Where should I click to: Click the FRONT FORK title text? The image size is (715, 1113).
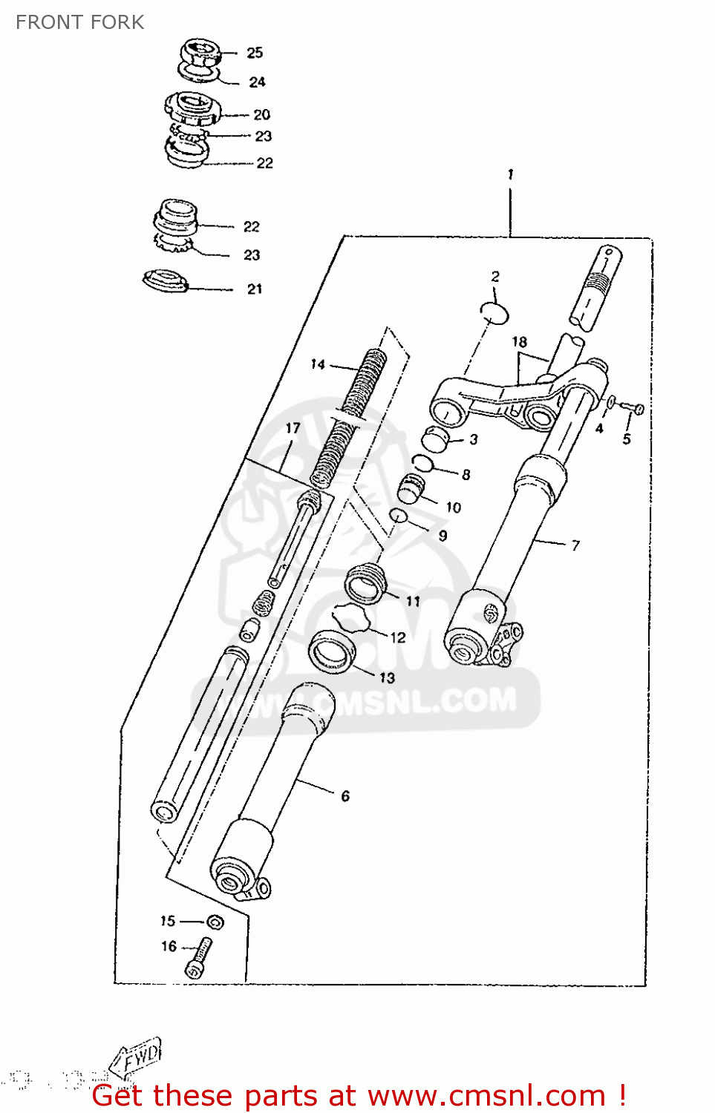tap(79, 22)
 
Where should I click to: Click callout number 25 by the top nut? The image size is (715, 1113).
tap(255, 53)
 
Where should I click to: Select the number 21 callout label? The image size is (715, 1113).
tap(255, 289)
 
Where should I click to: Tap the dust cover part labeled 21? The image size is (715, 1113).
tap(164, 280)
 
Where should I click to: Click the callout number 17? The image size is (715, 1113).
tap(293, 428)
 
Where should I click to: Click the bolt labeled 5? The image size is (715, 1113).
tap(636, 408)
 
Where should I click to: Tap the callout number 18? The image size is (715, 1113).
tap(519, 341)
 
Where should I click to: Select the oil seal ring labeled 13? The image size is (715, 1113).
tap(332, 651)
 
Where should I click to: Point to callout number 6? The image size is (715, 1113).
tap(345, 795)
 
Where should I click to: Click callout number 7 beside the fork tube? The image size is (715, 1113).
tap(575, 545)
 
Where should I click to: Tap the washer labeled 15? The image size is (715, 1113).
tap(215, 922)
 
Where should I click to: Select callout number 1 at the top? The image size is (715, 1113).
tap(510, 174)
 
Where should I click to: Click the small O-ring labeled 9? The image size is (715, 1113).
tap(399, 516)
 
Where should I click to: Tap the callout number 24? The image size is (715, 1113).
tap(257, 82)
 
